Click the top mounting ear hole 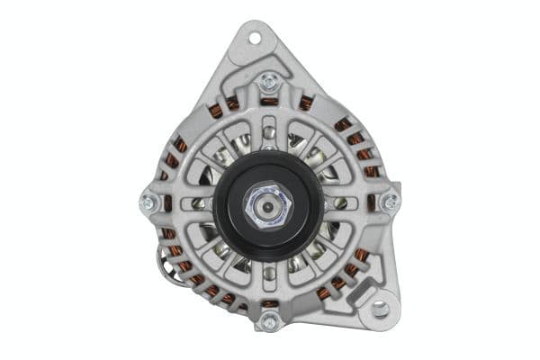tap(253, 38)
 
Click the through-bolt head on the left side tap(149, 203)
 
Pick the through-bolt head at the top tap(267, 83)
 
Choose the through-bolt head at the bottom tap(267, 321)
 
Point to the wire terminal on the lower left tap(167, 261)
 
